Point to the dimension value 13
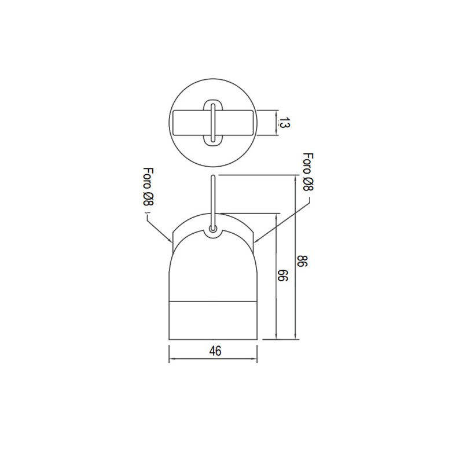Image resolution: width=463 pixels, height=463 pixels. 284,123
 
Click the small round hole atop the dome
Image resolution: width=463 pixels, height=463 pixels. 214,230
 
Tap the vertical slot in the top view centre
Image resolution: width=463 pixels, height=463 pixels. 214,122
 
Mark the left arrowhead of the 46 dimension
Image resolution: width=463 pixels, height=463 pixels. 170,360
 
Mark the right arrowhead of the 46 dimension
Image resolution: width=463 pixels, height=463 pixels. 256,360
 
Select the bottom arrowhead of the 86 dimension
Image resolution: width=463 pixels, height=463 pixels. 296,337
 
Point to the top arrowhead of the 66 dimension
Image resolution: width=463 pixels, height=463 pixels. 276,215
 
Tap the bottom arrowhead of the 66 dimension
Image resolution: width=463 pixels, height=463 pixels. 276,337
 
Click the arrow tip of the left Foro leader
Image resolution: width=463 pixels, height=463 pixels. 171,241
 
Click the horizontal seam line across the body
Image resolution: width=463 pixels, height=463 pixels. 214,301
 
